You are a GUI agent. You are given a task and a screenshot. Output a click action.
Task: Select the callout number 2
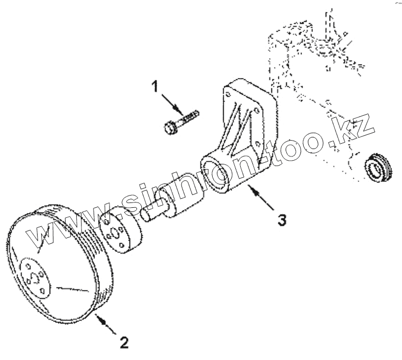[123, 343]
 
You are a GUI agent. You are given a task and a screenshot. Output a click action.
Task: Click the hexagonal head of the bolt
[170, 128]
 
